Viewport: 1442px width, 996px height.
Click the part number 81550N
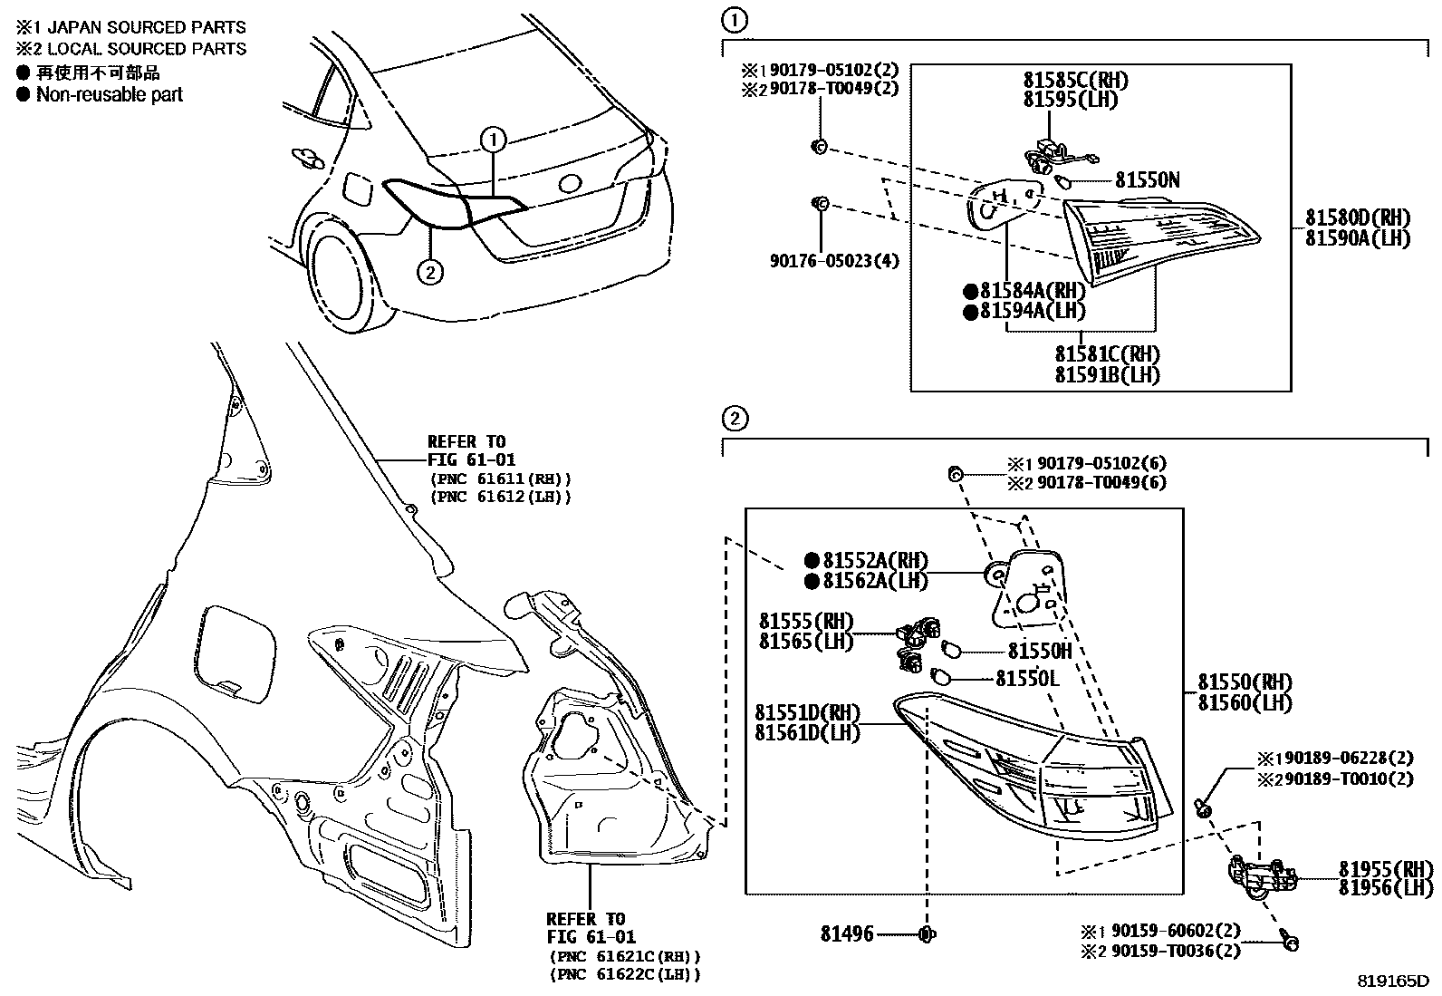[1147, 180]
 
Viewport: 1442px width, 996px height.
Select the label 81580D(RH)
[1357, 218]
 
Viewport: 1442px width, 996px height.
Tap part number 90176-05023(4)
[834, 261]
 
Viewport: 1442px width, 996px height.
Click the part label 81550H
[1040, 651]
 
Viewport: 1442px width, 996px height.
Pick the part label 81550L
[1027, 678]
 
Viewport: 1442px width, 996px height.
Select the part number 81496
[847, 933]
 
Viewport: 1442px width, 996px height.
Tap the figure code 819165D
[1392, 981]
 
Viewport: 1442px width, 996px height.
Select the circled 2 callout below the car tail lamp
[431, 270]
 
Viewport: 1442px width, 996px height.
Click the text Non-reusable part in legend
[109, 94]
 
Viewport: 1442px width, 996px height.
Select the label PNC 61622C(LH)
[625, 974]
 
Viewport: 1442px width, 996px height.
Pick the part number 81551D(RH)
[808, 712]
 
